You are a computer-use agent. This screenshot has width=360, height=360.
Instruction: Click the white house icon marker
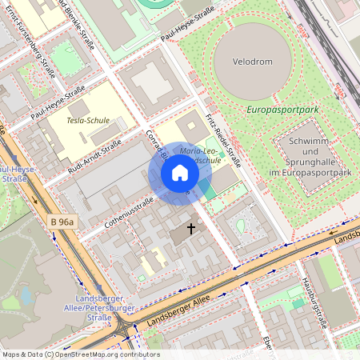(180, 173)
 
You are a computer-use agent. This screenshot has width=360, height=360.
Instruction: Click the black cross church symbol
(191, 228)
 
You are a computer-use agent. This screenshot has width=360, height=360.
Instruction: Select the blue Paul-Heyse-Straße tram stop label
(16, 174)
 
